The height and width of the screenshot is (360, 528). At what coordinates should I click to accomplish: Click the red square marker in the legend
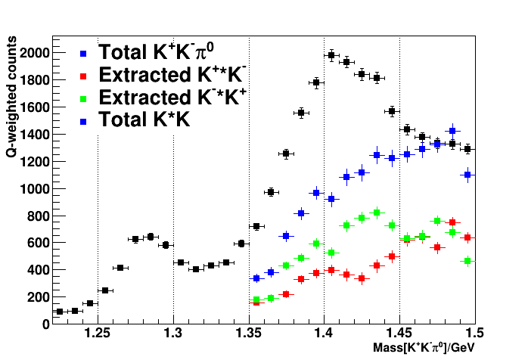pos(84,76)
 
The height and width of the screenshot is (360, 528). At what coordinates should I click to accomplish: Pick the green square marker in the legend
pos(84,98)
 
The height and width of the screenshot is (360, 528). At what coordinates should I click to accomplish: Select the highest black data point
pos(331,55)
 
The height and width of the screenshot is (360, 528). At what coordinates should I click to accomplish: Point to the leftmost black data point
pos(60,312)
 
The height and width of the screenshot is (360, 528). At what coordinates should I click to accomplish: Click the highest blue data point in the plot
pos(452,131)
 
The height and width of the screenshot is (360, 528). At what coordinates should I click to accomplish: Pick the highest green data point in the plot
pos(377,213)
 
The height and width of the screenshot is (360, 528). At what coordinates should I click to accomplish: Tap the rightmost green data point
pos(467,261)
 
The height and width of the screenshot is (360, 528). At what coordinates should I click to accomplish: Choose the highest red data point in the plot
pos(452,222)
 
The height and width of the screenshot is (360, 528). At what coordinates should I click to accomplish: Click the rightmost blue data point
pos(467,175)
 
